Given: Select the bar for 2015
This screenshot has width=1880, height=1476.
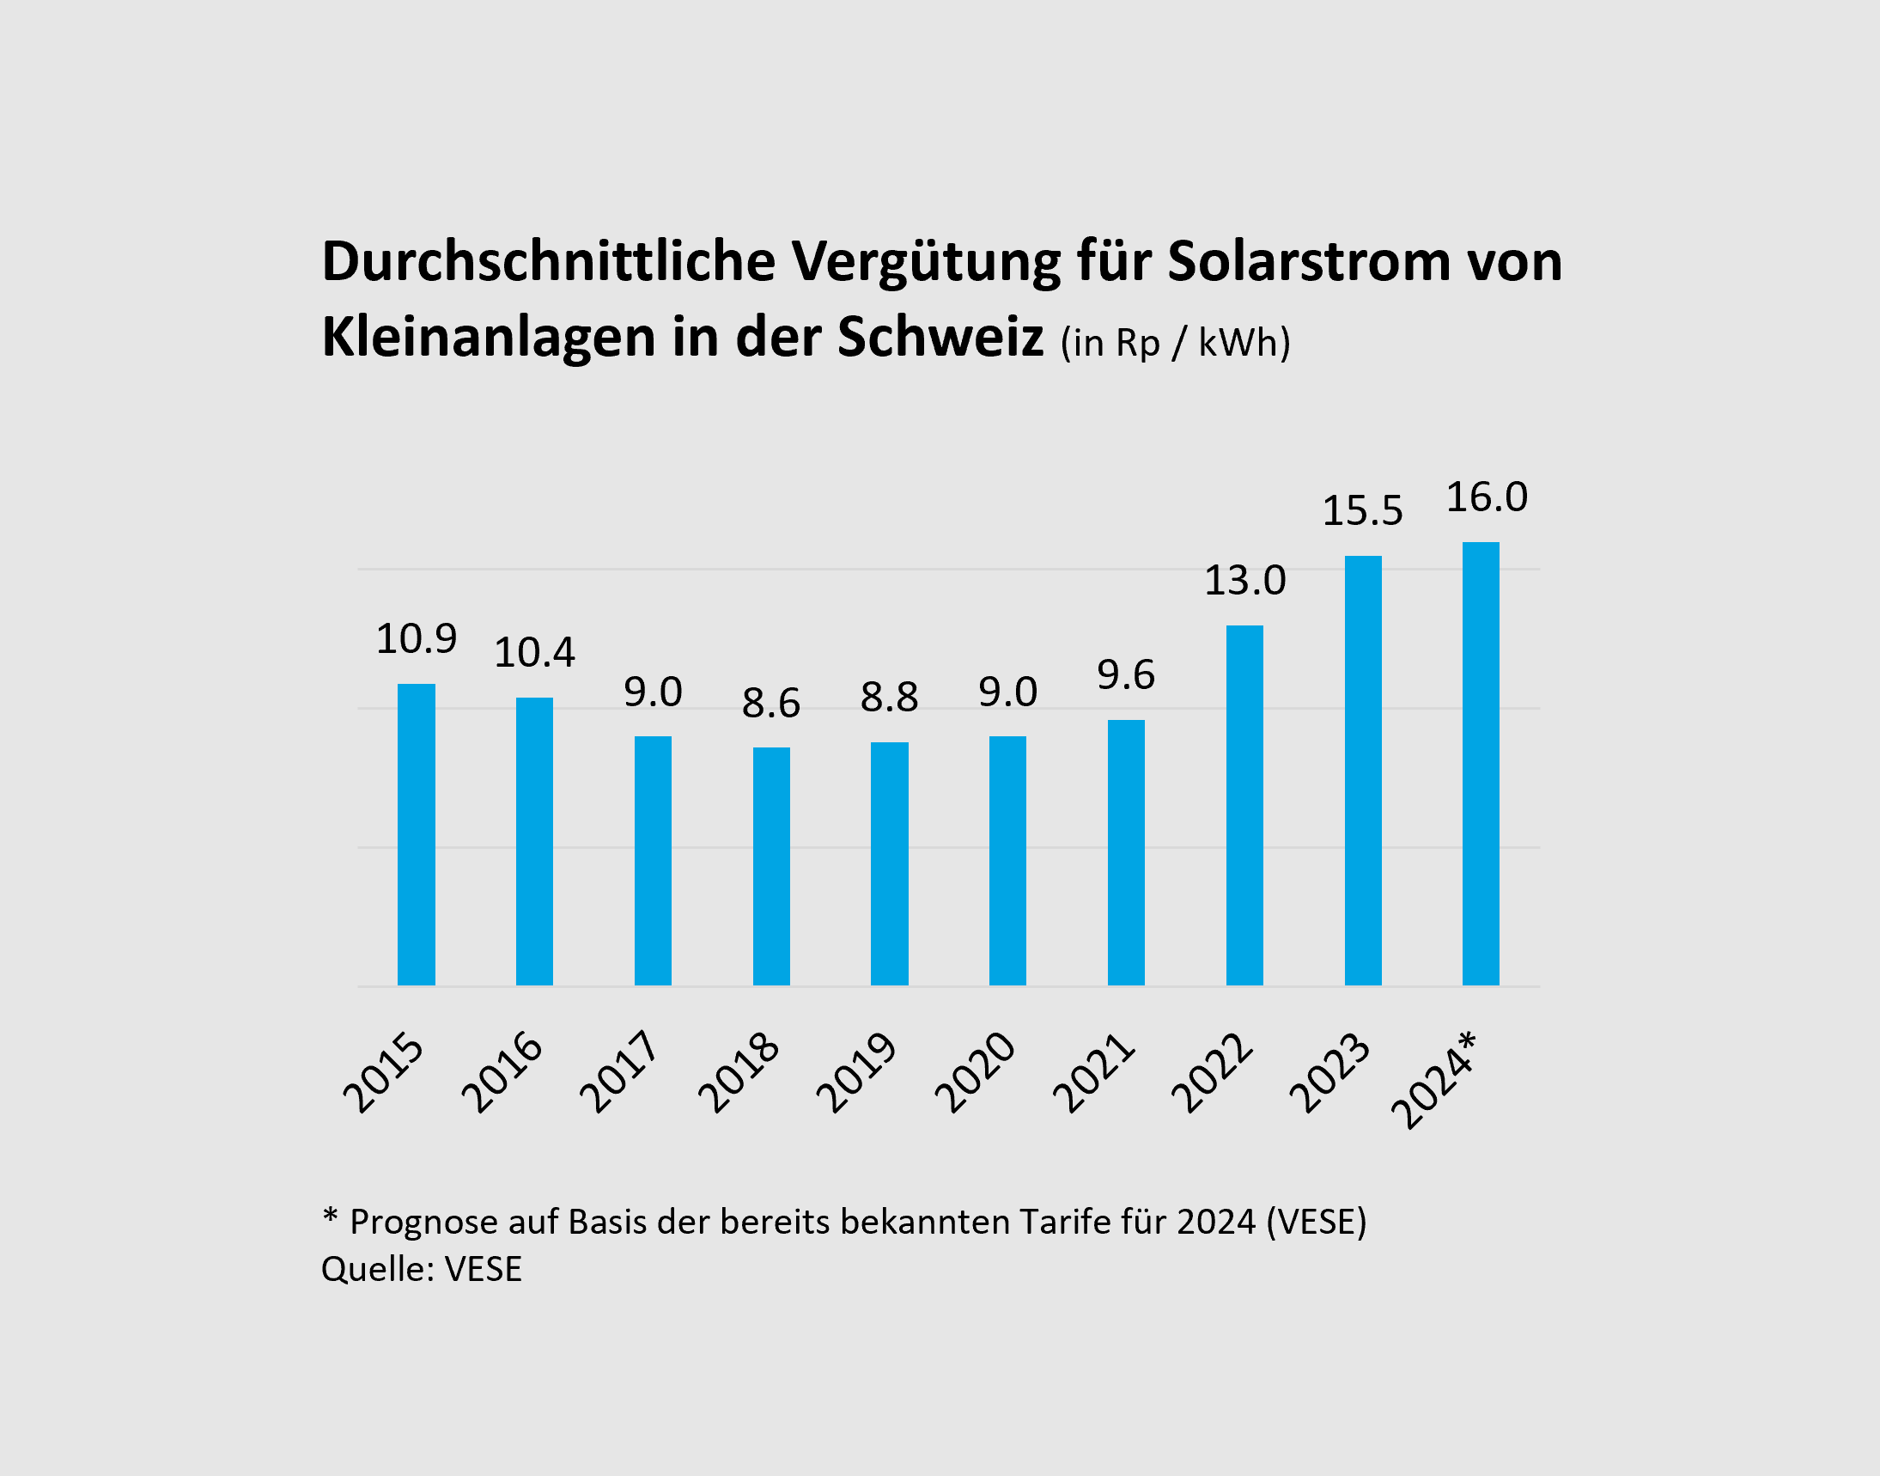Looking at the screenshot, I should coord(416,834).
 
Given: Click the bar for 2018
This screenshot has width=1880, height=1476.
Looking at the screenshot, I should coord(770,866).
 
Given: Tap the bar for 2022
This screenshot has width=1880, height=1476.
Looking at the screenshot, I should coord(1244,804).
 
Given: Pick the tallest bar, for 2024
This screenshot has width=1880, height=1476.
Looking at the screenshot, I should coord(1480,763).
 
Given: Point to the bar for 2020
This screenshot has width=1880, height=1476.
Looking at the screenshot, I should coord(1007,860).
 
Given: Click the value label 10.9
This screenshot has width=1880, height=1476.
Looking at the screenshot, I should coord(416,638).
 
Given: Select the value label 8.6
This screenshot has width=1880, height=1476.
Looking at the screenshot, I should coord(770,703).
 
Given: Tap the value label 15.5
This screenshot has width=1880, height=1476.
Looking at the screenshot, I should coord(1362,510).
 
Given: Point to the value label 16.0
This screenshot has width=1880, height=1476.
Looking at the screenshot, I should coord(1487,497).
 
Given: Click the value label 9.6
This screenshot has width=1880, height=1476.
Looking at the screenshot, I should coord(1126,674).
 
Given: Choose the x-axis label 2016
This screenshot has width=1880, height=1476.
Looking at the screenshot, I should coord(502,1071).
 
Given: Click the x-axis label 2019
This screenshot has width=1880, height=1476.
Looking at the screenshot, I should coord(857,1071).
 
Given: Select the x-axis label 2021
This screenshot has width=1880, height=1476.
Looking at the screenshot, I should coord(1094,1071).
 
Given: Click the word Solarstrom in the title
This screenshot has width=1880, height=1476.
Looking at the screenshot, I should coord(1309,260).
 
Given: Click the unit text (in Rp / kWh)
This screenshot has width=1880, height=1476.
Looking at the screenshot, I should coord(1175,343).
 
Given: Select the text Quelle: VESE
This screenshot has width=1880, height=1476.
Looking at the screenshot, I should coord(422,1269).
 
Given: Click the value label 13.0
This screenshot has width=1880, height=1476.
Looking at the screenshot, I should coord(1244,580).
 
